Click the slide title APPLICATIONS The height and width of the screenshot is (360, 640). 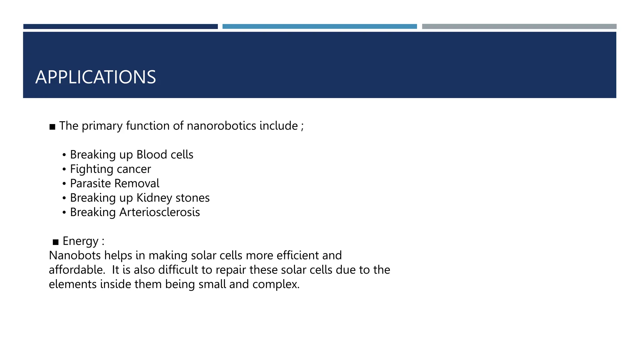click(96, 77)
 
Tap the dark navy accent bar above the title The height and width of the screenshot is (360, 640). click(120, 27)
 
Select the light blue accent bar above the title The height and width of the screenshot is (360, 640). click(319, 27)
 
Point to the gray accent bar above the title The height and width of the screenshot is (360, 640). click(519, 27)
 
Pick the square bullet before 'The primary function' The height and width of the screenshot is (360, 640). click(52, 127)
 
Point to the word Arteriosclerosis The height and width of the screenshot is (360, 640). click(160, 212)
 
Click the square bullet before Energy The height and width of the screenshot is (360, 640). click(56, 242)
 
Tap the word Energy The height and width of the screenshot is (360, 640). click(81, 241)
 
